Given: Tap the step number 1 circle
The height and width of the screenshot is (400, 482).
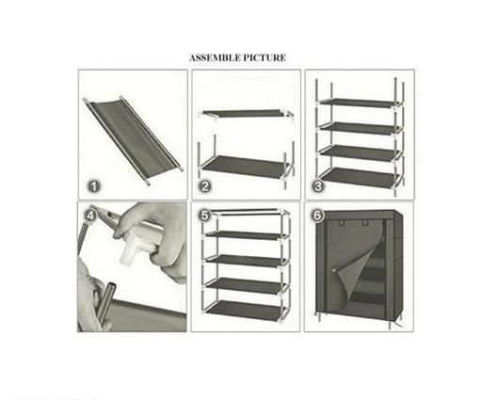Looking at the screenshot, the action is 93,186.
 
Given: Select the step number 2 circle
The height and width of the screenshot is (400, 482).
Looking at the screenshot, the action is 205,186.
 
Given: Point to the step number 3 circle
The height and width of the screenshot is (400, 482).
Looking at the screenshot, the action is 318,186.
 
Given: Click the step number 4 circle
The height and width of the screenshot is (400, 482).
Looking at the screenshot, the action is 90,216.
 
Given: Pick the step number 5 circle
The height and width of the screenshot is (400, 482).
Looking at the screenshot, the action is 204,216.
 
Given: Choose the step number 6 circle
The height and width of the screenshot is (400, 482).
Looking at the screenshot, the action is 317,216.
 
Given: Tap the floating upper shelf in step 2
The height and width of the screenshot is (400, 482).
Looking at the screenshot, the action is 246,113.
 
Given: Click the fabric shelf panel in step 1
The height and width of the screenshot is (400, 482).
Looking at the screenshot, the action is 132,138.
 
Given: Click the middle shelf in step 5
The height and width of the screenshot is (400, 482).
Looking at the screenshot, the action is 246,260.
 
